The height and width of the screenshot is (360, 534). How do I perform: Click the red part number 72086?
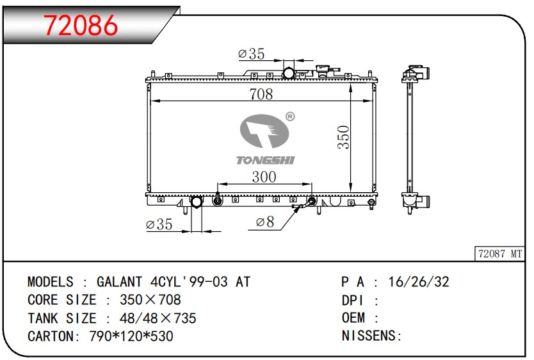click(81, 26)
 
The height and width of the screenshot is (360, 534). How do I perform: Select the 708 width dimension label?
click(261, 94)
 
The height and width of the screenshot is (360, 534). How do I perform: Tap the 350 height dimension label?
click(344, 137)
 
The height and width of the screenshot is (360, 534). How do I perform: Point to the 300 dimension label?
click(264, 177)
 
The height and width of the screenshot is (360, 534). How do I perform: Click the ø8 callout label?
click(265, 222)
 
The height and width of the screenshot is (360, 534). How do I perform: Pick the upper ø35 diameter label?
click(252, 54)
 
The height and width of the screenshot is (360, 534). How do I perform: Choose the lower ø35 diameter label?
click(159, 224)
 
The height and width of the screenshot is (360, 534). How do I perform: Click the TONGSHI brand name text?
click(265, 160)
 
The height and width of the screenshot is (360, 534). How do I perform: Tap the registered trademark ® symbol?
click(290, 117)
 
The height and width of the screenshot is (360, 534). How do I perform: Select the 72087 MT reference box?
click(500, 254)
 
